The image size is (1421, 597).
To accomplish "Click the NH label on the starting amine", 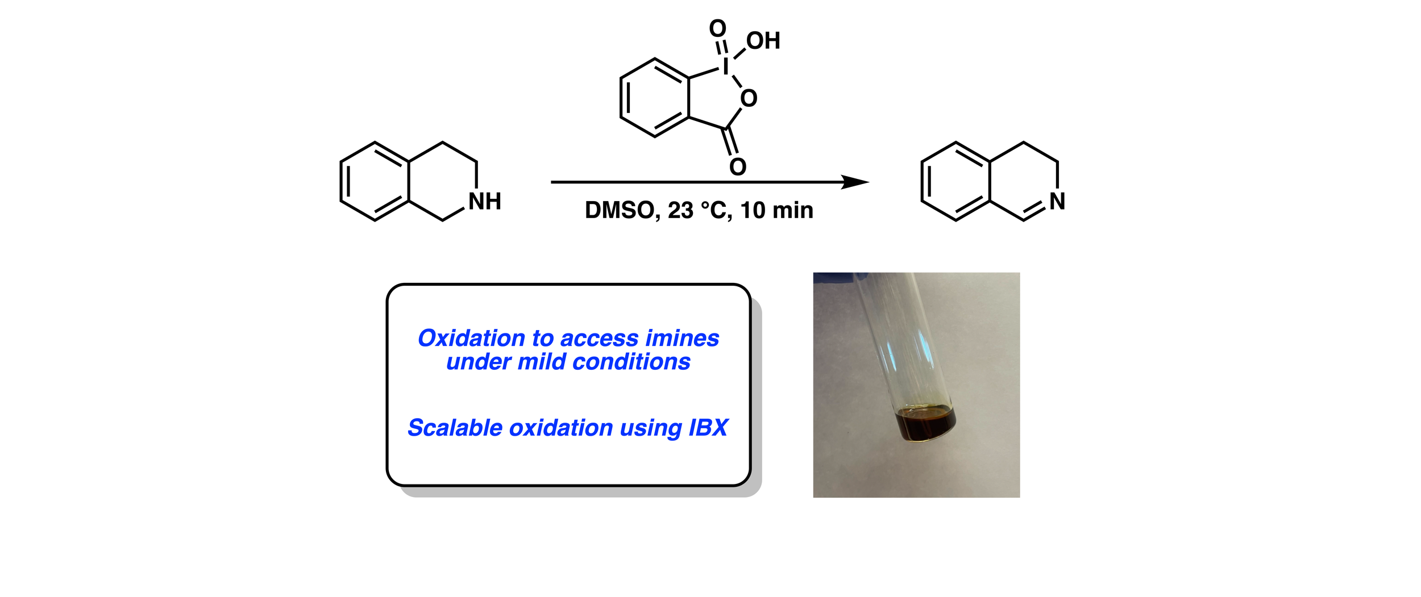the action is click(x=484, y=202).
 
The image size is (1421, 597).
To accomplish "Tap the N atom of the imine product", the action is click(x=1057, y=202).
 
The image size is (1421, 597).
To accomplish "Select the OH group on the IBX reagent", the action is click(x=763, y=41).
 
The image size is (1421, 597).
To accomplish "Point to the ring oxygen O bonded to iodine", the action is click(x=749, y=99).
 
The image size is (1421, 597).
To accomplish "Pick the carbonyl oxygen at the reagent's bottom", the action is click(x=737, y=167).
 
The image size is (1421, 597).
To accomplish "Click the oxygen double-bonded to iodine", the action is click(x=717, y=28).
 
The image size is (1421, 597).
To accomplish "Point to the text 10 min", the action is click(x=777, y=211).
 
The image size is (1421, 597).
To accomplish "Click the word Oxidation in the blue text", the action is click(x=471, y=339).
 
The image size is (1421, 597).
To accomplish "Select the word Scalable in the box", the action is click(x=455, y=428).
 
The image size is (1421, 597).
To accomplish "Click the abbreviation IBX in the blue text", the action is click(x=708, y=428).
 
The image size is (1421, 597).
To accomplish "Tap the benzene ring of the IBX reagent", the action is click(x=655, y=98).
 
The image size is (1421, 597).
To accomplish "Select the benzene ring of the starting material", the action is click(x=375, y=181).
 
